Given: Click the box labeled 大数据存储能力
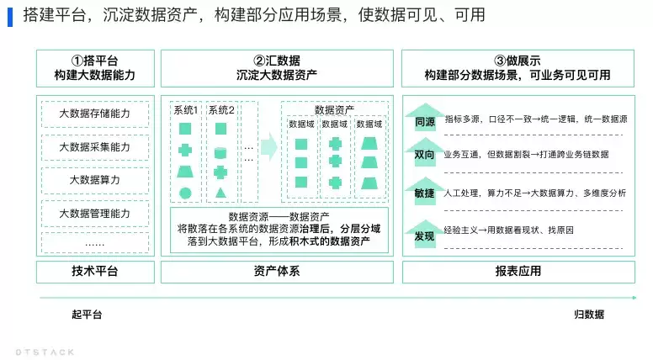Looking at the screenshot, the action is pyautogui.click(x=95, y=114).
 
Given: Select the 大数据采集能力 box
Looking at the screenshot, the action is pyautogui.click(x=95, y=147).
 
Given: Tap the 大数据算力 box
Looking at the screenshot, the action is pyautogui.click(x=95, y=180).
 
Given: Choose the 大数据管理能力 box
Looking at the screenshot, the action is pyautogui.click(x=95, y=214).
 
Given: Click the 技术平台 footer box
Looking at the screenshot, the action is pyautogui.click(x=95, y=272).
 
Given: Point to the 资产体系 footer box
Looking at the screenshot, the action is pyautogui.click(x=277, y=272).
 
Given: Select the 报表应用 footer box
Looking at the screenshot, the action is pyautogui.click(x=518, y=272).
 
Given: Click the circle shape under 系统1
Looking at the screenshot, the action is pyautogui.click(x=185, y=193).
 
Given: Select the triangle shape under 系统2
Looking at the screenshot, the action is pyautogui.click(x=220, y=193).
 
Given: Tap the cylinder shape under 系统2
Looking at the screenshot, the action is pyautogui.click(x=220, y=153).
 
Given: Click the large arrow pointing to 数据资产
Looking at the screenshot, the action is pyautogui.click(x=269, y=146).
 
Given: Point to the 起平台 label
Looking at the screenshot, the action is pyautogui.click(x=87, y=315).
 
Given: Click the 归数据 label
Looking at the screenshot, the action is pyautogui.click(x=589, y=315).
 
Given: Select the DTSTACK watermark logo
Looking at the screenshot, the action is pyautogui.click(x=45, y=352).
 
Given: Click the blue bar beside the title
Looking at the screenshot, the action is pyautogui.click(x=10, y=17).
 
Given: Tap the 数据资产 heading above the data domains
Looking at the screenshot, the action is pyautogui.click(x=334, y=110).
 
